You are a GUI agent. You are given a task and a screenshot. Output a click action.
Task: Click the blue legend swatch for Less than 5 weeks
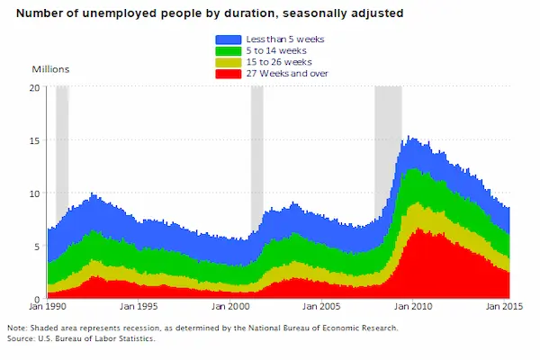pos(227,40)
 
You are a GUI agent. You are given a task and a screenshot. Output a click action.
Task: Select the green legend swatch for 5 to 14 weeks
pos(227,50)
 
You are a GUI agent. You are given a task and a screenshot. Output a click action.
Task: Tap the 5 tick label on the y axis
pos(37,246)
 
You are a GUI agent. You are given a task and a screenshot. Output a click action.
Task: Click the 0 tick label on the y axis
pos(37,299)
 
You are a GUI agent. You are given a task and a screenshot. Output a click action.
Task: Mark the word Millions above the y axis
pos(50,69)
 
